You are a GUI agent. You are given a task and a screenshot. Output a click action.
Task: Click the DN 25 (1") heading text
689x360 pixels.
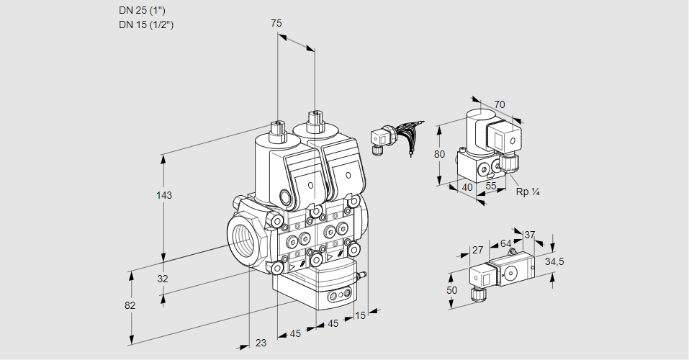point(146,11)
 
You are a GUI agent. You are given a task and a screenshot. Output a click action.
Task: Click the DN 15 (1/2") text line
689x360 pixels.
point(147,24)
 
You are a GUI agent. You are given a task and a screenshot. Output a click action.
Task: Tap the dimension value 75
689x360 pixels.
point(276,24)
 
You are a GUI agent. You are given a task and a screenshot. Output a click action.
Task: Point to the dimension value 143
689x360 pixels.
point(166,195)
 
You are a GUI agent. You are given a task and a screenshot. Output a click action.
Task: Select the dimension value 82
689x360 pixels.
point(130,305)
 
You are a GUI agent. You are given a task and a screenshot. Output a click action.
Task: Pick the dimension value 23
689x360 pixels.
point(261,343)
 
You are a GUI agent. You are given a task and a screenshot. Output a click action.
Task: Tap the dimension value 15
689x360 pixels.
point(361,315)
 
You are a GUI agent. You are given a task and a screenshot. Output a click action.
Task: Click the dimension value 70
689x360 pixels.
point(500,104)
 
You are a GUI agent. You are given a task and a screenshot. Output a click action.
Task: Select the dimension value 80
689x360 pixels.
point(440,153)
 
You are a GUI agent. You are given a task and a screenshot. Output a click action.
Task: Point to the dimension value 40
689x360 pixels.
point(467,187)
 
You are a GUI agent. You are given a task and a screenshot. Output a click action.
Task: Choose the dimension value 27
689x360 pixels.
point(477,250)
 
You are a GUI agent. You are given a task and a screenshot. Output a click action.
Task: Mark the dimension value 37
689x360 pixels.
point(529,235)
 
